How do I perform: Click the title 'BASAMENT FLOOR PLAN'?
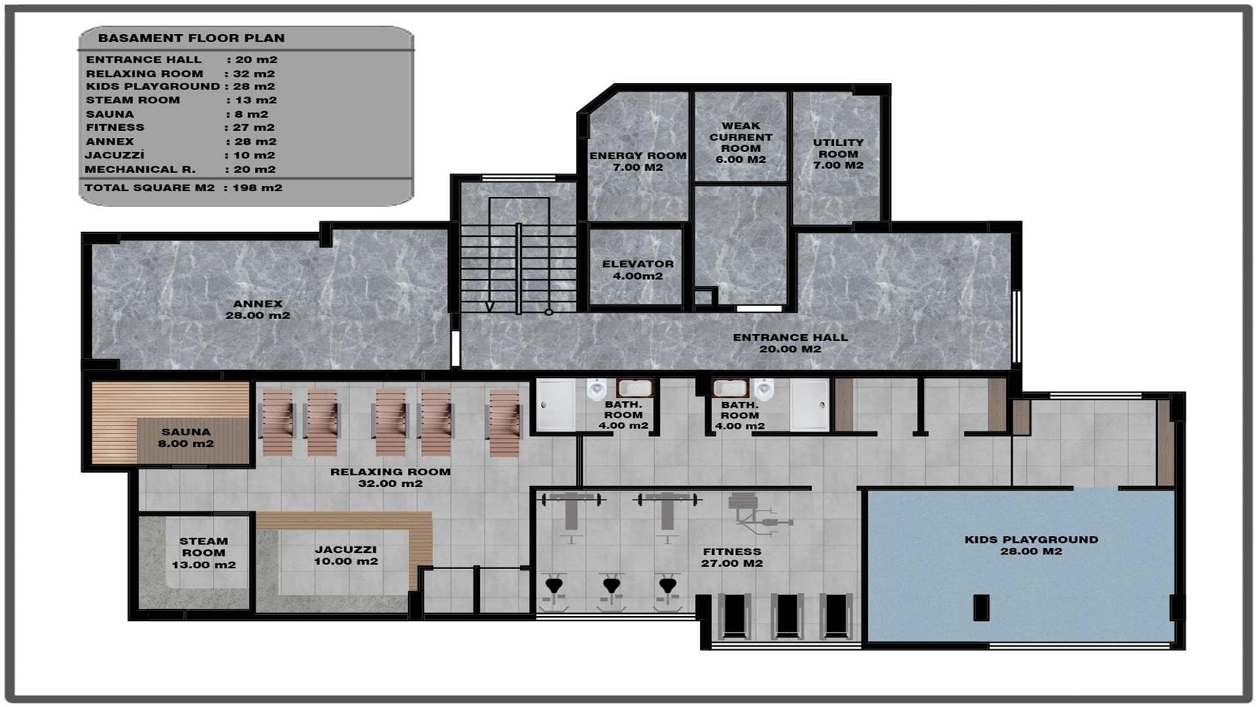tap(191, 38)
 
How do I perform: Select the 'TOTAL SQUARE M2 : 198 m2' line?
tap(183, 188)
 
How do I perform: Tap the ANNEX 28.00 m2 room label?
tap(258, 310)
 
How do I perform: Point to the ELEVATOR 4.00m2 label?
tap(638, 270)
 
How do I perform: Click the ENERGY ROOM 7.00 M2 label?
tap(638, 161)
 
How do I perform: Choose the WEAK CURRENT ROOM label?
tap(741, 143)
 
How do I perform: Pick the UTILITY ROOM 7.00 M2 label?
tap(838, 154)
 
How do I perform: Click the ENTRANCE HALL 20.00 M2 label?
tap(790, 343)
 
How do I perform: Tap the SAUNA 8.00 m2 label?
tap(186, 437)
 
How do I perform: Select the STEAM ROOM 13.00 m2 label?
tap(203, 553)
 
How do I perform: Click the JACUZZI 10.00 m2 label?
tap(346, 555)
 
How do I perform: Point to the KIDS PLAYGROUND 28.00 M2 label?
tap(1031, 545)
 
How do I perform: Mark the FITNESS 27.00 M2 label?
tap(732, 557)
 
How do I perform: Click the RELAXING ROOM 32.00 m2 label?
tap(390, 477)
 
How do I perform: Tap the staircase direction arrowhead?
tap(489, 306)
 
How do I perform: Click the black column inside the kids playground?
tap(981, 607)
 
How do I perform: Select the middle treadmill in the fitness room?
tap(786, 615)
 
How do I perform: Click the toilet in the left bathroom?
tap(597, 390)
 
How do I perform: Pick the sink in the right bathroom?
tap(730, 388)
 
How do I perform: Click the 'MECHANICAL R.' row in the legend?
tap(180, 170)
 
